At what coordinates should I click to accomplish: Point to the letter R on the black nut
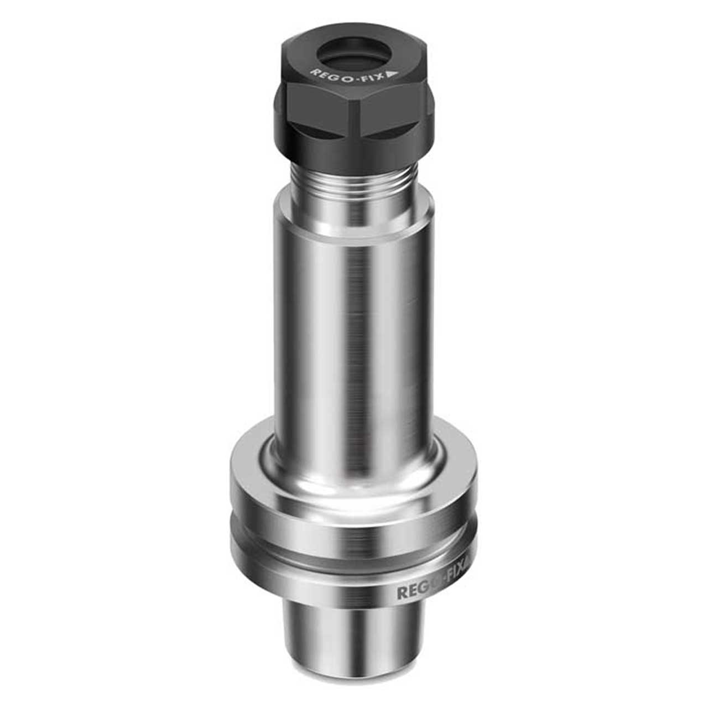[314, 71]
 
